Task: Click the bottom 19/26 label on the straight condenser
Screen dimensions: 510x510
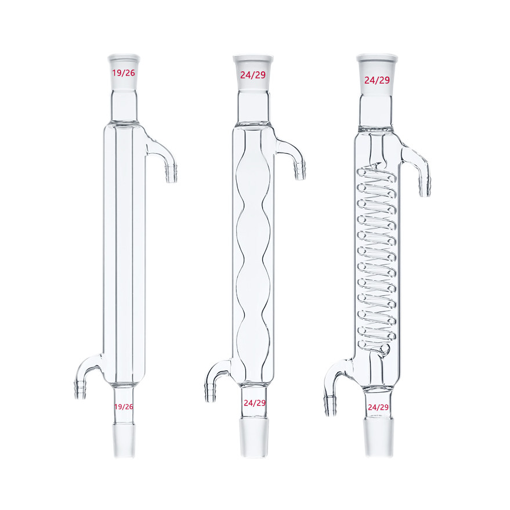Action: click(x=124, y=407)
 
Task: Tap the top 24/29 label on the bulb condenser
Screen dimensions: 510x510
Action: click(x=253, y=75)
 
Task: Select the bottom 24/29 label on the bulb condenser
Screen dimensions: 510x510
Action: click(x=255, y=403)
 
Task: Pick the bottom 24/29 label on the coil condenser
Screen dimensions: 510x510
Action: click(x=378, y=407)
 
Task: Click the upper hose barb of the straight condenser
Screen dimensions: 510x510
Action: click(x=171, y=172)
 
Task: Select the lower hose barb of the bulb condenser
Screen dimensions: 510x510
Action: click(x=210, y=392)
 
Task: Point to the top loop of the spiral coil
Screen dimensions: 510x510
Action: click(x=378, y=173)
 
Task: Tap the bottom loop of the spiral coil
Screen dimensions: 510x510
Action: click(x=378, y=345)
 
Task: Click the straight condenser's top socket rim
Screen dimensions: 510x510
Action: click(x=124, y=57)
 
